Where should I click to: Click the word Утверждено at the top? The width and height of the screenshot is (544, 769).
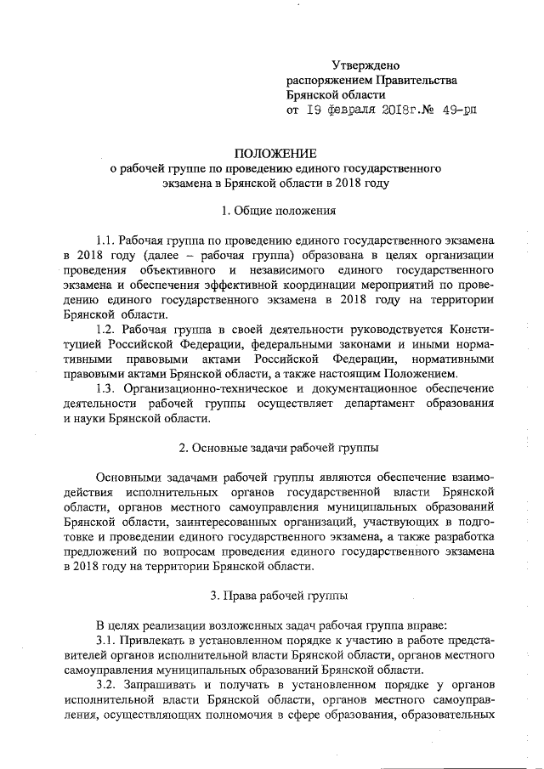(x=364, y=65)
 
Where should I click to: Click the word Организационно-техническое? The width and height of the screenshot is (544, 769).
(x=196, y=387)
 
